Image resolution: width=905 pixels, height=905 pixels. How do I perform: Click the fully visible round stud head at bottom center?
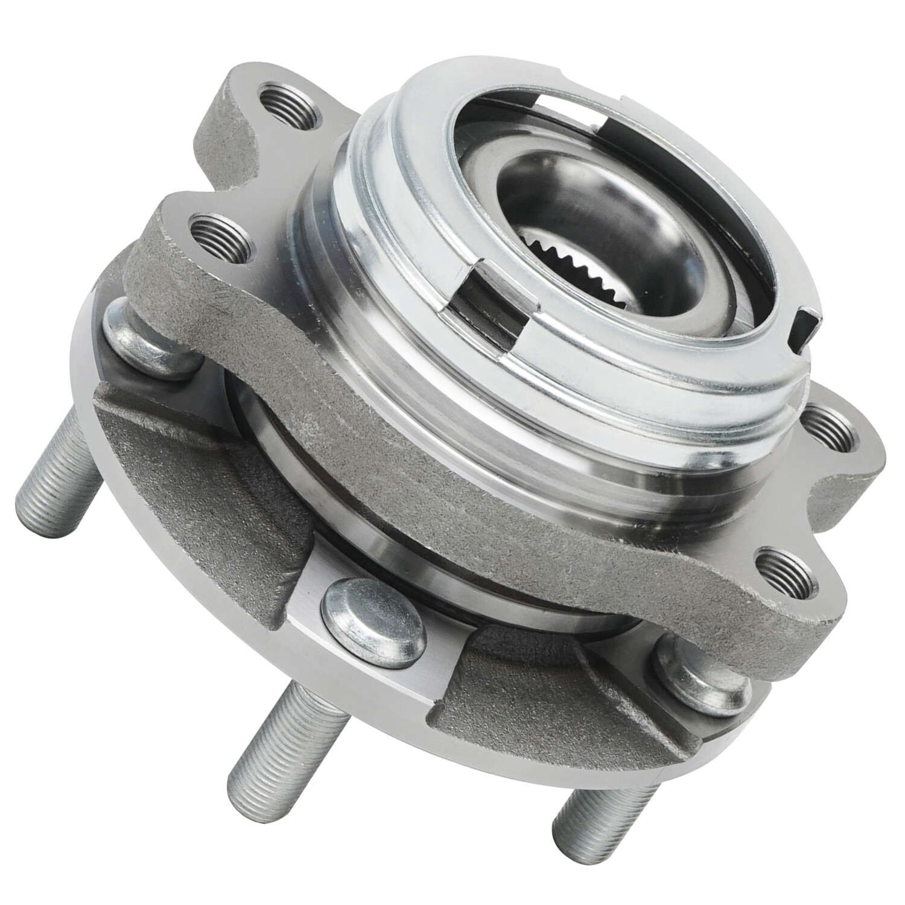368,618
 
